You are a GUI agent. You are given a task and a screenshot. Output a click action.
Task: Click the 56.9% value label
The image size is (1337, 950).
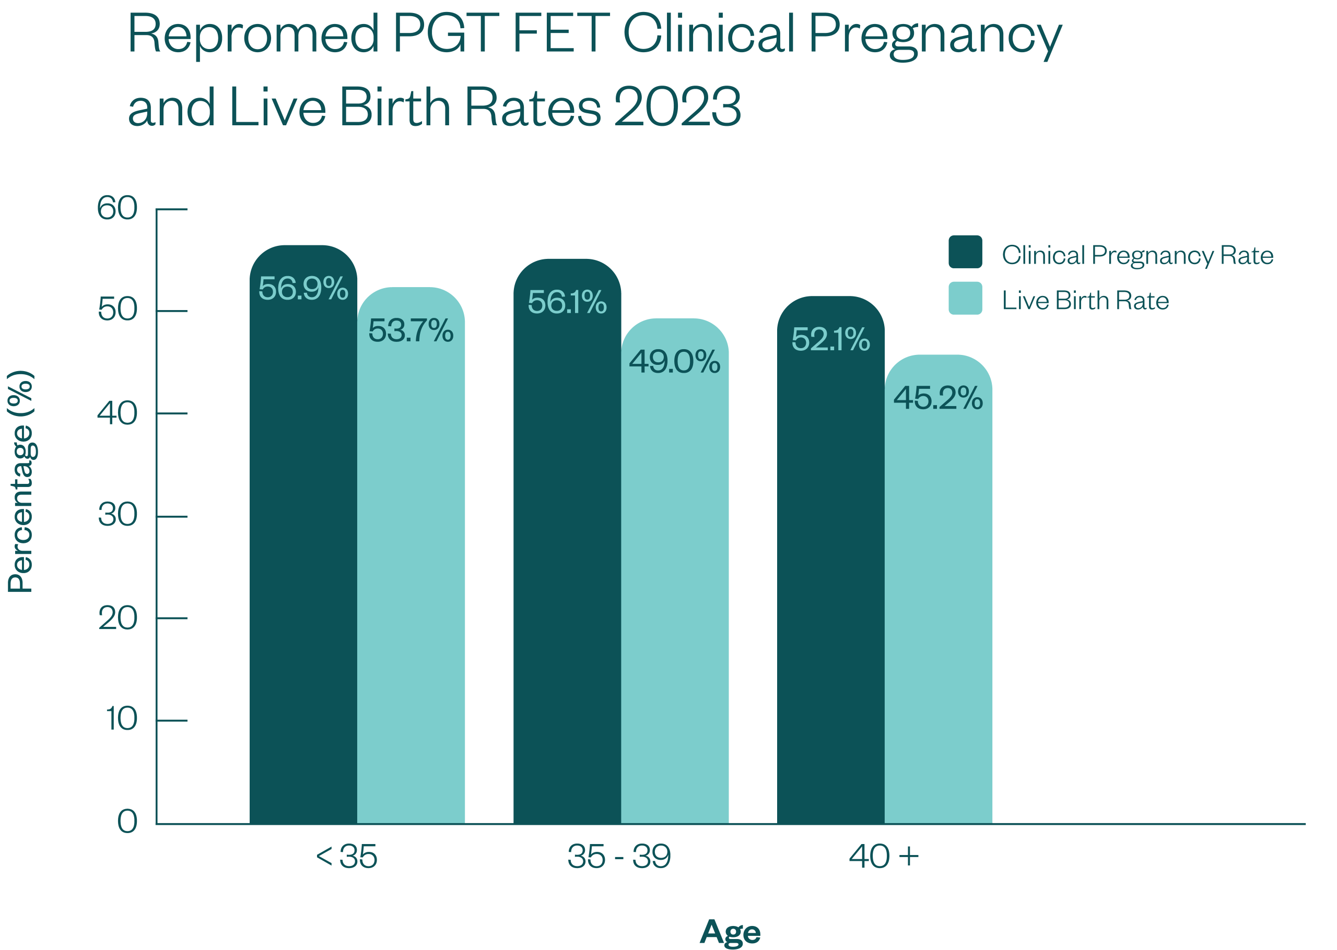(303, 288)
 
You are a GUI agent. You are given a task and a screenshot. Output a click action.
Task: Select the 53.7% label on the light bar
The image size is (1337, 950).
(411, 330)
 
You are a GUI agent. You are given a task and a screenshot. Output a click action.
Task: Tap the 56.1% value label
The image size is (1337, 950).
(567, 302)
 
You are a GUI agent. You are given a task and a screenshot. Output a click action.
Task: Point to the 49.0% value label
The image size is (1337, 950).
(674, 362)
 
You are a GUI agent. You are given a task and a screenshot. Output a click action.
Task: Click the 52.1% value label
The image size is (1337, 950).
(830, 339)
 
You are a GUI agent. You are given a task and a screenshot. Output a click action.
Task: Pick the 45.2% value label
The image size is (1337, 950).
(938, 398)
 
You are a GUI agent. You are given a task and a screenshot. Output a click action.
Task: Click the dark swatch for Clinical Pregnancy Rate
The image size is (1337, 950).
(965, 252)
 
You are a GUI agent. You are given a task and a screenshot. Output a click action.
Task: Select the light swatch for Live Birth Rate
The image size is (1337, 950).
(965, 299)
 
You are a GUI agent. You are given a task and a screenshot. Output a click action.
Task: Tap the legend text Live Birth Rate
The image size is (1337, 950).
(1085, 301)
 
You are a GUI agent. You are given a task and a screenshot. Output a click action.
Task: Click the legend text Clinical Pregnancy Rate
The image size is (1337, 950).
(1137, 255)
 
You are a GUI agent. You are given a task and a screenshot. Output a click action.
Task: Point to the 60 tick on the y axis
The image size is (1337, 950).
(117, 208)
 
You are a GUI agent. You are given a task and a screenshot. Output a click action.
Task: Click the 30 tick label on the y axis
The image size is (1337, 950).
(118, 515)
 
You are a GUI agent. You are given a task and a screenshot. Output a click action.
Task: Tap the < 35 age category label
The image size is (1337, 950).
(346, 857)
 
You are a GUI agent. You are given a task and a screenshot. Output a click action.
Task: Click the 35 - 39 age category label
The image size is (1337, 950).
(619, 857)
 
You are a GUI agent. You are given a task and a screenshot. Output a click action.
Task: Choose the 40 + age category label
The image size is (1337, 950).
(884, 857)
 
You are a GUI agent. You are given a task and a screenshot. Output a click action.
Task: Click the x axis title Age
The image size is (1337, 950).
(730, 932)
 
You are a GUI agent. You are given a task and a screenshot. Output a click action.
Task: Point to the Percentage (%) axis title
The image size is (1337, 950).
(21, 481)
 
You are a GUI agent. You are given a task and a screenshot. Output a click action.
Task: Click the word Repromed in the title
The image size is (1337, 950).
(254, 35)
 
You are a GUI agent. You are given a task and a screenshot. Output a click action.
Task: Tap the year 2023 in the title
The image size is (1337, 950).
(677, 107)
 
